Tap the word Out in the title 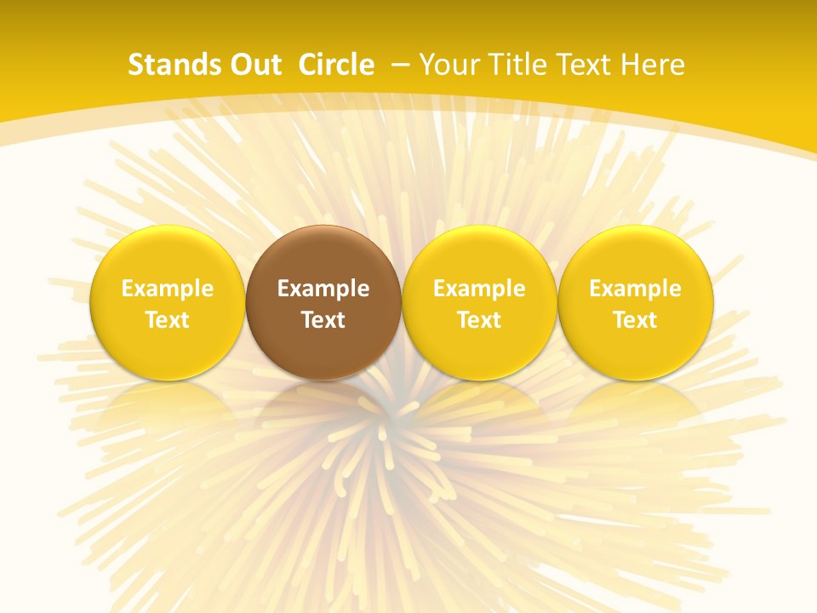coord(252,65)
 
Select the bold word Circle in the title coord(336,65)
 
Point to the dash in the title coord(400,65)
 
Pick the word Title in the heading coord(515,65)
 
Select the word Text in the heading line coord(583,65)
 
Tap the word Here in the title coord(652,65)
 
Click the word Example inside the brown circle coord(323,289)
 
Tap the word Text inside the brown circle coord(323,320)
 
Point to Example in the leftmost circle coord(167,289)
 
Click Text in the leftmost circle coord(167,320)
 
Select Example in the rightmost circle coord(636,289)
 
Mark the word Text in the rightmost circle coord(636,320)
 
